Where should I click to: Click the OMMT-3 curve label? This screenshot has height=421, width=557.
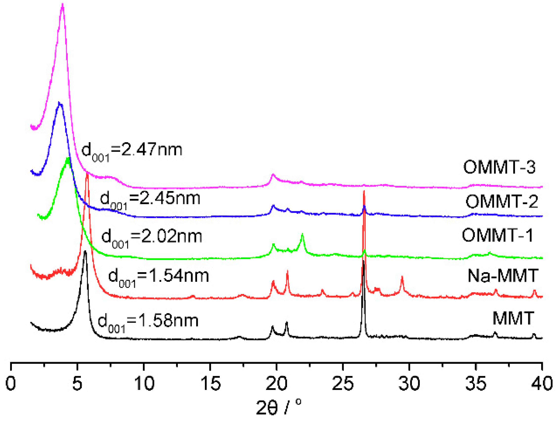coord(499,167)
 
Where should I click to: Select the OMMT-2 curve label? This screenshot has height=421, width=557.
coord(502,201)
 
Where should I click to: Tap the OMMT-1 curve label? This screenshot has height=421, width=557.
coord(498,235)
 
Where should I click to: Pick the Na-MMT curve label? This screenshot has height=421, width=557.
coord(503,276)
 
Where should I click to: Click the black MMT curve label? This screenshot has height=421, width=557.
coord(513,318)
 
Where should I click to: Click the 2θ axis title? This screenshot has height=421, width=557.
coord(278,407)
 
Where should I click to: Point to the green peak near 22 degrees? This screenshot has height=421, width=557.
coord(302,234)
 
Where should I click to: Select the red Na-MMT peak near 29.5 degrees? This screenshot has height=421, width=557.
coord(402,277)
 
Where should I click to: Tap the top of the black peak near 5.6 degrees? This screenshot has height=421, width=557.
coord(85,251)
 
